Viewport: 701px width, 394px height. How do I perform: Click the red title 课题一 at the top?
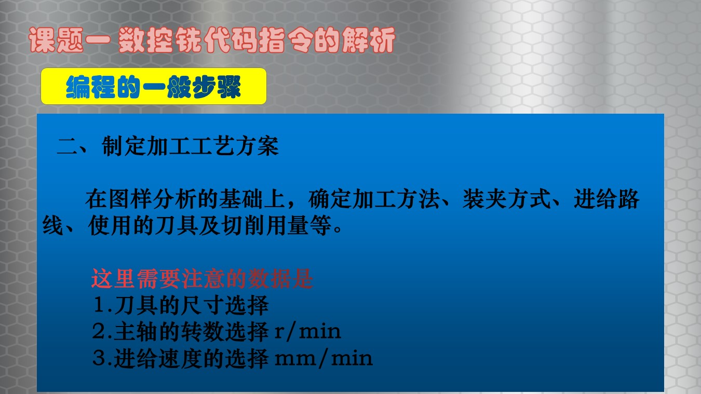(x=69, y=40)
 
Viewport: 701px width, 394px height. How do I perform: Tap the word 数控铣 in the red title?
(x=160, y=40)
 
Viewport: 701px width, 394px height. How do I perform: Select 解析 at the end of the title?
(x=368, y=40)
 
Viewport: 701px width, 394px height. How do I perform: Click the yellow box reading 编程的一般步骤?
(x=154, y=86)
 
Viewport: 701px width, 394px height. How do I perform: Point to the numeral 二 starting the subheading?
(x=66, y=146)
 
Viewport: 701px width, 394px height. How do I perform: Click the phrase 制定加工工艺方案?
(x=190, y=146)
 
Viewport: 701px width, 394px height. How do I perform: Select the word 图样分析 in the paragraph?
(x=152, y=199)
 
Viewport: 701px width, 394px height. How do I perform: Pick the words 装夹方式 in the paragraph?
(x=507, y=199)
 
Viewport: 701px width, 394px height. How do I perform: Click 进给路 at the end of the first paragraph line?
(x=606, y=199)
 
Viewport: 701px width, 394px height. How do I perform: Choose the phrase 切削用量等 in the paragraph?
(x=276, y=225)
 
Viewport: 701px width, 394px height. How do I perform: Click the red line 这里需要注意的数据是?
(x=202, y=278)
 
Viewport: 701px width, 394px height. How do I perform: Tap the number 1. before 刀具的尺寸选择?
(x=103, y=305)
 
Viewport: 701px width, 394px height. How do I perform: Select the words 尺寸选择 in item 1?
(x=225, y=305)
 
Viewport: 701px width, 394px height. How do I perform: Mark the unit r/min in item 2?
(x=307, y=331)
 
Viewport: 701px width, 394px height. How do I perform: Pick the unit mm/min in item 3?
(x=323, y=358)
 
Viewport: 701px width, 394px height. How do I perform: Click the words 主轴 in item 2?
(x=136, y=331)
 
